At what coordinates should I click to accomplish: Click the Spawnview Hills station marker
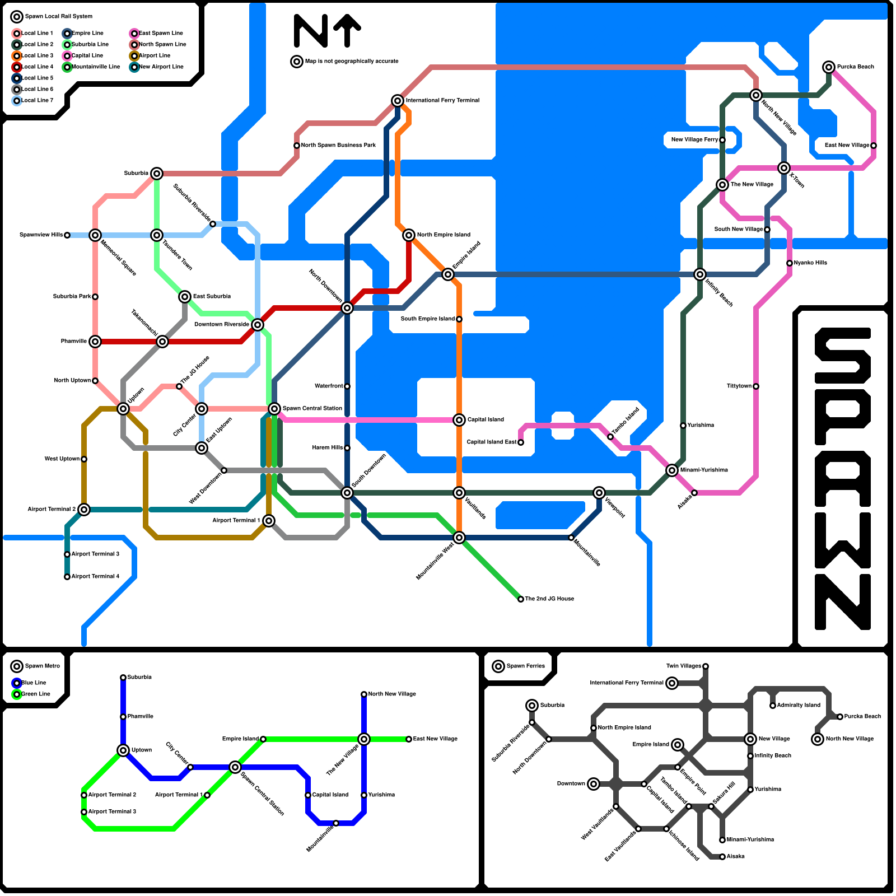pyautogui.click(x=67, y=235)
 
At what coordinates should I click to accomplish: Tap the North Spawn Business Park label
pyautogui.click(x=338, y=146)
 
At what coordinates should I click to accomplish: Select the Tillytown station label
pyautogui.click(x=739, y=386)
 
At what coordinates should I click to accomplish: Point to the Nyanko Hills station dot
pyautogui.click(x=790, y=263)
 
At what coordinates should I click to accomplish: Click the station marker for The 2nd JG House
pyautogui.click(x=521, y=599)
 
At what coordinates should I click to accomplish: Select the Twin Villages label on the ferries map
pyautogui.click(x=683, y=666)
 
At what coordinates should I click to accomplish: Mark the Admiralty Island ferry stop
pyautogui.click(x=773, y=706)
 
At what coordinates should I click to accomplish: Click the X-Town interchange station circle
pyautogui.click(x=784, y=168)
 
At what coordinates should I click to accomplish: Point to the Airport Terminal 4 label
pyautogui.click(x=95, y=577)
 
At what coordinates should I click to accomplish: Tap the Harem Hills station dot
pyautogui.click(x=347, y=448)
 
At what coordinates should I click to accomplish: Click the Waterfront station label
pyautogui.click(x=329, y=386)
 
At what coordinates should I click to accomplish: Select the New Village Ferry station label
pyautogui.click(x=694, y=140)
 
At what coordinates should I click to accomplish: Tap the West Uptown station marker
pyautogui.click(x=84, y=459)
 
